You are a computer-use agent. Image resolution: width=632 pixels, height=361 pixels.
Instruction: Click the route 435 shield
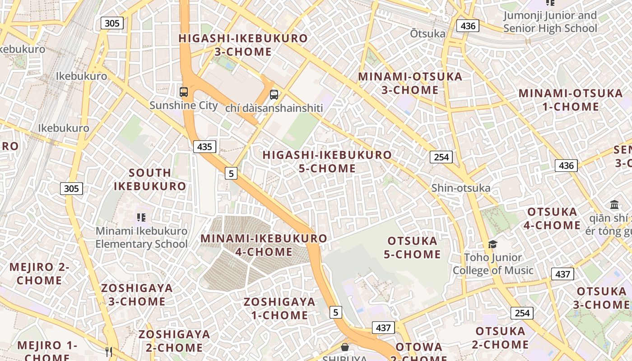(x=204, y=147)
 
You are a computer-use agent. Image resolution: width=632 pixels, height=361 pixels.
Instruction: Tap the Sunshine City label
(x=183, y=106)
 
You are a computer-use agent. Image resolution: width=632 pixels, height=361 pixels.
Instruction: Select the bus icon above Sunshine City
(x=184, y=92)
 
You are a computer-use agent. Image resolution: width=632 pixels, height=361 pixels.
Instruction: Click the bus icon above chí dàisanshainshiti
(x=274, y=95)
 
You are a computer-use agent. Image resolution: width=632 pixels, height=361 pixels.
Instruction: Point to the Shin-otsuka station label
(x=460, y=188)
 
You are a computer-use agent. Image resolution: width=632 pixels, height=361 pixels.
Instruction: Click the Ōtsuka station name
(x=427, y=34)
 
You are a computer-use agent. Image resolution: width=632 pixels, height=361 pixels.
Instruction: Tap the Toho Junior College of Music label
(x=493, y=264)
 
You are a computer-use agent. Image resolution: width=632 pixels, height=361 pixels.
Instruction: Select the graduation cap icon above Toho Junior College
(x=493, y=245)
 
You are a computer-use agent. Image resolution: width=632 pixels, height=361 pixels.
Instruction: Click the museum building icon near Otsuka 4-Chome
(x=614, y=204)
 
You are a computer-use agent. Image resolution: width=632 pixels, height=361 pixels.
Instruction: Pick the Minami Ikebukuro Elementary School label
(x=141, y=237)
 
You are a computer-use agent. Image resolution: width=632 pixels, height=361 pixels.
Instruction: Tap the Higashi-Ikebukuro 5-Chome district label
(x=327, y=162)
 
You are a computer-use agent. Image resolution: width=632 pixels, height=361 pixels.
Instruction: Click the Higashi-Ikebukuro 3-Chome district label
(x=243, y=45)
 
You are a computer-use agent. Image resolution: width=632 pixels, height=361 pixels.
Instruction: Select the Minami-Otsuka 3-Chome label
(x=410, y=83)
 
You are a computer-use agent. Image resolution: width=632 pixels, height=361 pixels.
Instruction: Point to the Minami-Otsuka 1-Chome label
(x=571, y=100)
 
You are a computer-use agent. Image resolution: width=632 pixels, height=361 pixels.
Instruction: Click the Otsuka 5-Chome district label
(x=412, y=247)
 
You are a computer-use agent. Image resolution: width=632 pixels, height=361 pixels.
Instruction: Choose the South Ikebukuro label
(x=150, y=179)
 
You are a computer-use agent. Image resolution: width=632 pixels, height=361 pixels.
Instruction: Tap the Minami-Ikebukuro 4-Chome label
(x=264, y=245)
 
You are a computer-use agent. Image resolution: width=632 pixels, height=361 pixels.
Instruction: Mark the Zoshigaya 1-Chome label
(x=279, y=308)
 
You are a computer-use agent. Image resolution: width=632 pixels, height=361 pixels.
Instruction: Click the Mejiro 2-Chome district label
(x=39, y=273)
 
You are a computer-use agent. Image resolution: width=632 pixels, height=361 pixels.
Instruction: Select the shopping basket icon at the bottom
(x=345, y=347)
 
